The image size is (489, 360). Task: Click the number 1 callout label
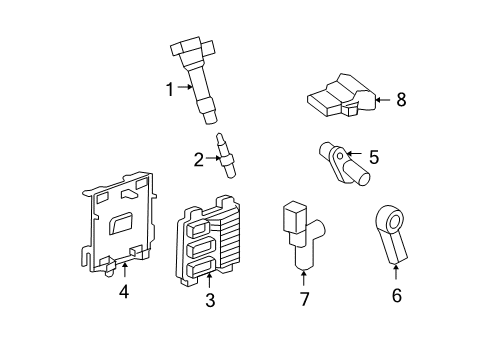[x=170, y=88]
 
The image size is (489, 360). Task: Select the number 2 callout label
[x=198, y=156]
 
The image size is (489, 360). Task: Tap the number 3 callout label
[x=209, y=299]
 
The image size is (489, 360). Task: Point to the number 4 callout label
[x=124, y=292]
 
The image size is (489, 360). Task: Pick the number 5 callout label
[x=373, y=156]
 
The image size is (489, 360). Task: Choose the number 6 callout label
[x=396, y=296]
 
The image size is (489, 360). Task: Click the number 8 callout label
[x=401, y=99]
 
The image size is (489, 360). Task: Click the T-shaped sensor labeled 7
[x=300, y=238]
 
